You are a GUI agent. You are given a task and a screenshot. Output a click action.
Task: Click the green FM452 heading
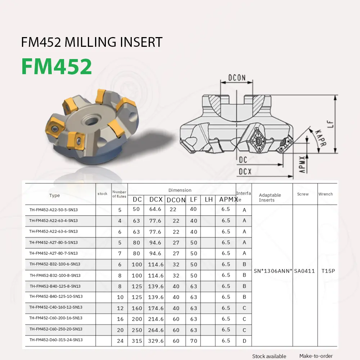(x=57, y=66)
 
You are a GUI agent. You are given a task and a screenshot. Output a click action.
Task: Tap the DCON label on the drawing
(x=237, y=78)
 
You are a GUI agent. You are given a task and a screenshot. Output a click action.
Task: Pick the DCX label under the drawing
(x=245, y=172)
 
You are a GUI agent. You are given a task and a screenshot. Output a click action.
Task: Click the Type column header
(x=54, y=195)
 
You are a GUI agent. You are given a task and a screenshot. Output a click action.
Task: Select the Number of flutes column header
(x=119, y=194)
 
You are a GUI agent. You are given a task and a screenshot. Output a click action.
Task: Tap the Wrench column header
(x=325, y=194)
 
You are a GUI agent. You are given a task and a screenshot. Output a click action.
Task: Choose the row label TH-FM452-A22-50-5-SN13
(x=53, y=210)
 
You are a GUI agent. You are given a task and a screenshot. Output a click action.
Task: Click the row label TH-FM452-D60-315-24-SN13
(x=56, y=340)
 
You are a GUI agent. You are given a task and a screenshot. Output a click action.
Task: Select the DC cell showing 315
(x=136, y=341)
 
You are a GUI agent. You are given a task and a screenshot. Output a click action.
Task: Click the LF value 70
(x=194, y=341)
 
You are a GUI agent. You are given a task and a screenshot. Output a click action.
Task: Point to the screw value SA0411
(x=305, y=271)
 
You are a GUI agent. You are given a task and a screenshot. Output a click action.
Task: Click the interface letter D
(x=244, y=340)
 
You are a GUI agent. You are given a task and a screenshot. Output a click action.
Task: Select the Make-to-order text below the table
(x=316, y=356)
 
